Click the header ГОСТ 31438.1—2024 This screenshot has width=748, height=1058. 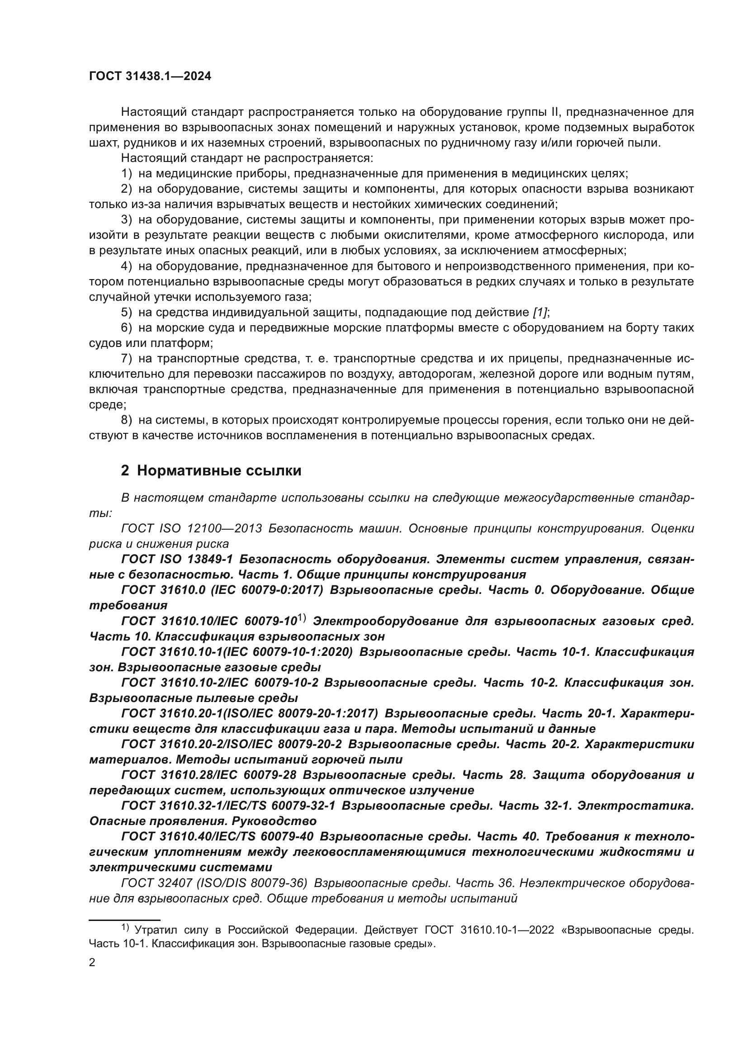(x=150, y=76)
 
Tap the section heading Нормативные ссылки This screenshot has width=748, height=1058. (x=219, y=470)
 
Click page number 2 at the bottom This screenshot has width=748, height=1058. (x=92, y=963)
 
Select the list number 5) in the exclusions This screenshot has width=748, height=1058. (x=127, y=313)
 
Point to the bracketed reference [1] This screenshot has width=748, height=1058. (x=540, y=313)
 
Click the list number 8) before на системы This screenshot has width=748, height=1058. (x=127, y=420)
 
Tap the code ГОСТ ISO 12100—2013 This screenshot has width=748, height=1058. (x=191, y=528)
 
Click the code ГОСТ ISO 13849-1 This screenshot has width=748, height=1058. (x=177, y=560)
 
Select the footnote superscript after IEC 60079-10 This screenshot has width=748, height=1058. (x=302, y=618)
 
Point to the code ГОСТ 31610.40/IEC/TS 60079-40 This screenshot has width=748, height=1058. (x=218, y=836)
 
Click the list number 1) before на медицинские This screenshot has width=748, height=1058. (x=127, y=174)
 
